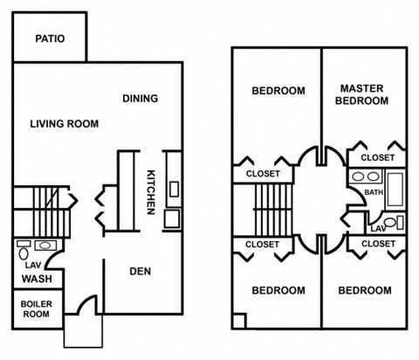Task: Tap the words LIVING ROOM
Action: [65, 124]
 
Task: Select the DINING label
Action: [140, 98]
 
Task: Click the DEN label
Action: [140, 271]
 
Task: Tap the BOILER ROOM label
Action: [36, 310]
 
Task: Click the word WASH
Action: [35, 280]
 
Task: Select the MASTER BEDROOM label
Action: [364, 94]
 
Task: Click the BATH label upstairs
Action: [374, 192]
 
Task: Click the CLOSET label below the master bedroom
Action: [377, 157]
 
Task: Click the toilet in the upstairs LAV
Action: [391, 223]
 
